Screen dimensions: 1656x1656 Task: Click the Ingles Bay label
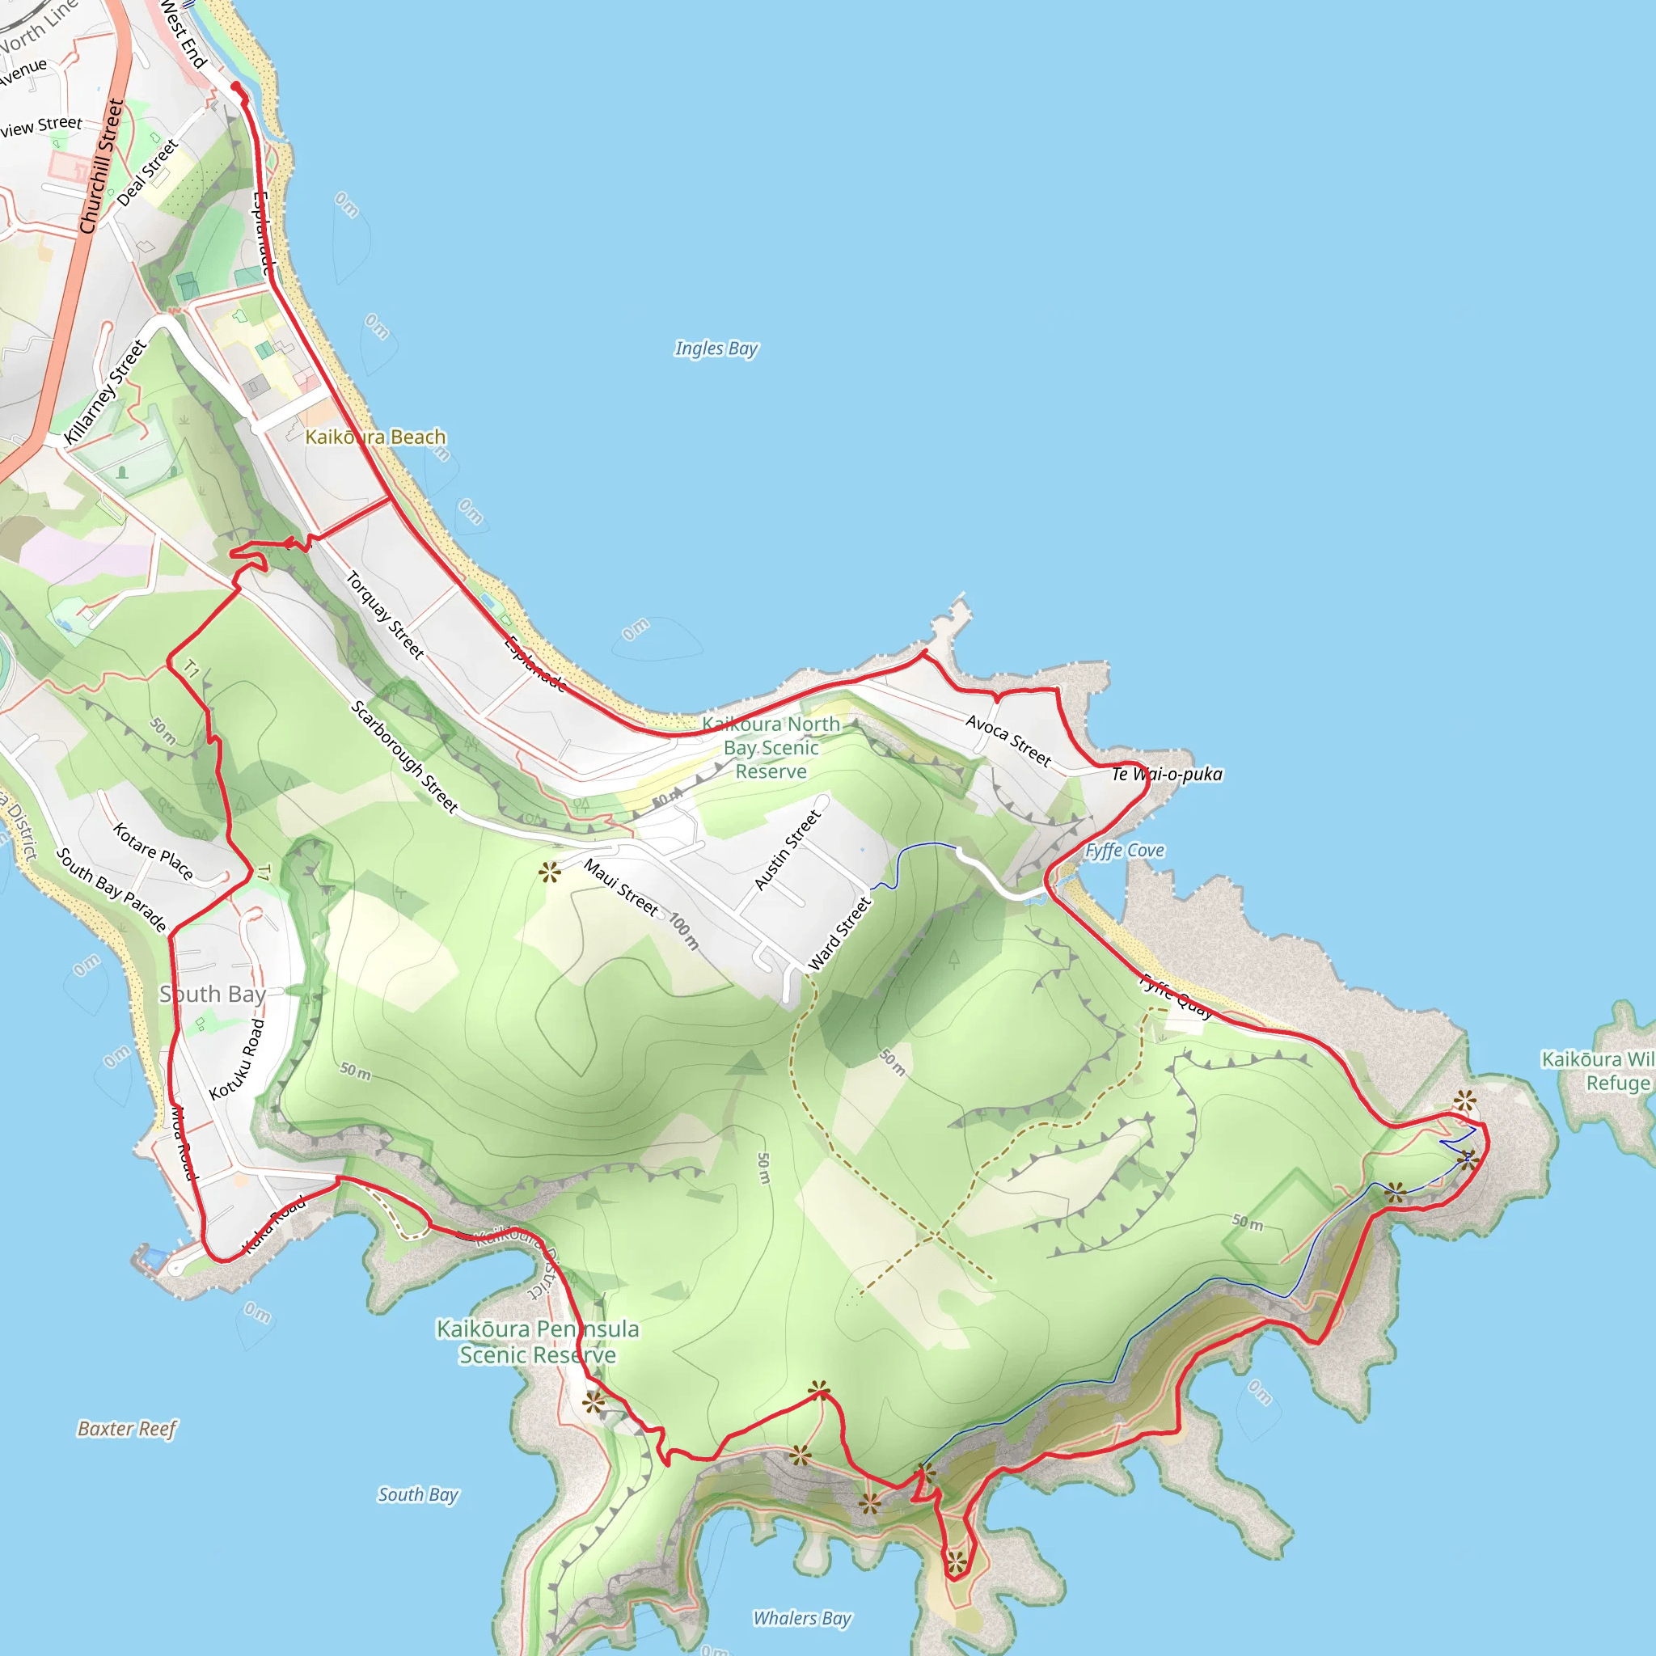[716, 348]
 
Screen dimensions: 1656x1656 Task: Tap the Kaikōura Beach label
[375, 437]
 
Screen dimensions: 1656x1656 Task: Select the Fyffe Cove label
[1125, 851]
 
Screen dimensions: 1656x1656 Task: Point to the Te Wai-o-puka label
[1167, 774]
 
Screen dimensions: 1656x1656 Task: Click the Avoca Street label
[1008, 740]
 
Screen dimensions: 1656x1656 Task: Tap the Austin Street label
[787, 851]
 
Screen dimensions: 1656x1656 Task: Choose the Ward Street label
[839, 933]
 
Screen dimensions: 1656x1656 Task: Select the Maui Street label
[620, 888]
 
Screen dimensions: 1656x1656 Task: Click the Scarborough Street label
[404, 757]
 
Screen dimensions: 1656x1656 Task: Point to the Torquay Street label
[385, 615]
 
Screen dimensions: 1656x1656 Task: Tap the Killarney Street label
[106, 392]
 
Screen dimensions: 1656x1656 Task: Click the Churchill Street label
[102, 167]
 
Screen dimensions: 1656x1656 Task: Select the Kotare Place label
[154, 851]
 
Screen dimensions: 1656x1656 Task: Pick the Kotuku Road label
[238, 1059]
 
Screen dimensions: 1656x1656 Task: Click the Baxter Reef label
[127, 1429]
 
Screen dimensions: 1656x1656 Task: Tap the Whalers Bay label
[802, 1618]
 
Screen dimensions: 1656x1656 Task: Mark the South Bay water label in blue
[418, 1495]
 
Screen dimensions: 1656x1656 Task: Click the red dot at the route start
[236, 87]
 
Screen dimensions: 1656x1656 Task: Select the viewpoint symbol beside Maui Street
[549, 873]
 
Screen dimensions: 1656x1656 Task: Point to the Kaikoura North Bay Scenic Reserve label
[771, 747]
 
